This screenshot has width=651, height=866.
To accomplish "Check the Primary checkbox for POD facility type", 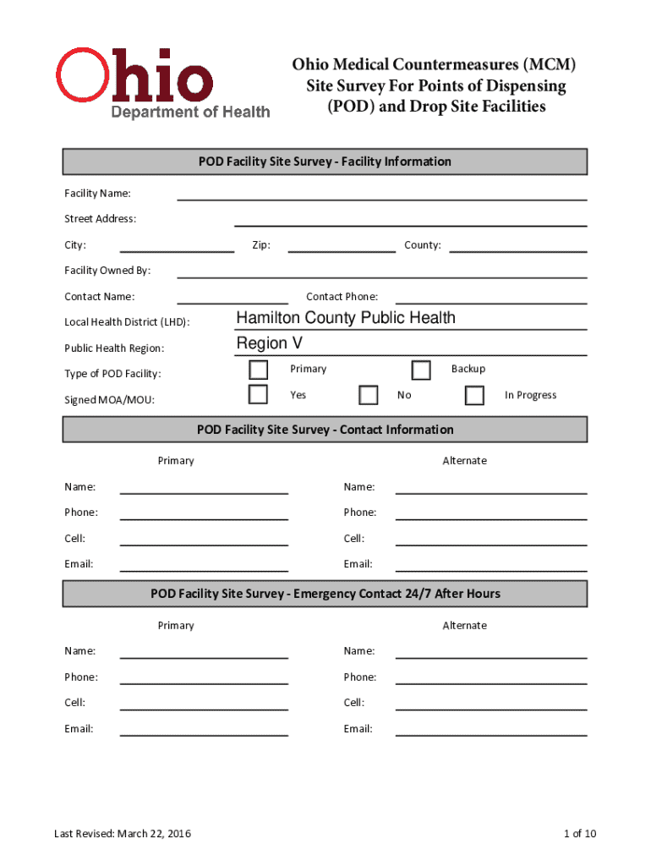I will [259, 370].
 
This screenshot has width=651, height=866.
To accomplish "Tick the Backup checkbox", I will [420, 370].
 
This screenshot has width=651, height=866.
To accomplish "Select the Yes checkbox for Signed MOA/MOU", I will [259, 395].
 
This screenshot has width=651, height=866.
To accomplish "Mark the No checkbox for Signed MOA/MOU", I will [368, 396].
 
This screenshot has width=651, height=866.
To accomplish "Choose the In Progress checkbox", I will [474, 396].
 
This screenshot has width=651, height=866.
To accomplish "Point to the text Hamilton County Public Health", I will [346, 318].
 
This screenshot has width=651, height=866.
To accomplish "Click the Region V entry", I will [269, 343].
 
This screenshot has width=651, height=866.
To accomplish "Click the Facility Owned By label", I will [107, 271].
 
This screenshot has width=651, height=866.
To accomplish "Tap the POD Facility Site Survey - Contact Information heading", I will [325, 430].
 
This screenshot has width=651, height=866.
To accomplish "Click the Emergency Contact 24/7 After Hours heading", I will [325, 594].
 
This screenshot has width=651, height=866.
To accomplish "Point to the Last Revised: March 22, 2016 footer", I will [123, 834].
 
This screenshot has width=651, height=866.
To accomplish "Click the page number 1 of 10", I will [580, 834].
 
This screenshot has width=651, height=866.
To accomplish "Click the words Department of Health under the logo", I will [191, 112].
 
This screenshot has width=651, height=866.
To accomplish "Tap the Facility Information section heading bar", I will [325, 162].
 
